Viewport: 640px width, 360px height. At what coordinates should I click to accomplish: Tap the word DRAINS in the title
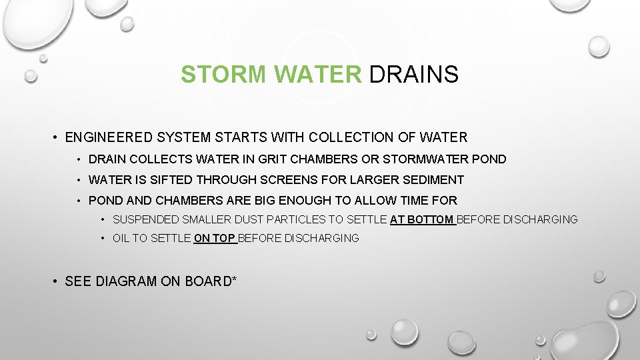[x=413, y=75]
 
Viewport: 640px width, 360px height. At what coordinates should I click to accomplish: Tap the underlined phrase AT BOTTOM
[x=422, y=219]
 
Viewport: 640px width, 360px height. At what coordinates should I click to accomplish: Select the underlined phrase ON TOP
[x=214, y=238]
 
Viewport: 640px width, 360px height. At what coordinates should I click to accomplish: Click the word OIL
[x=121, y=238]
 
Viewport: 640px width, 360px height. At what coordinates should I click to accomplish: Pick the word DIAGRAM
[x=126, y=281]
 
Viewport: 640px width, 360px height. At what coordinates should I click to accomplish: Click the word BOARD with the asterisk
[x=209, y=281]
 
